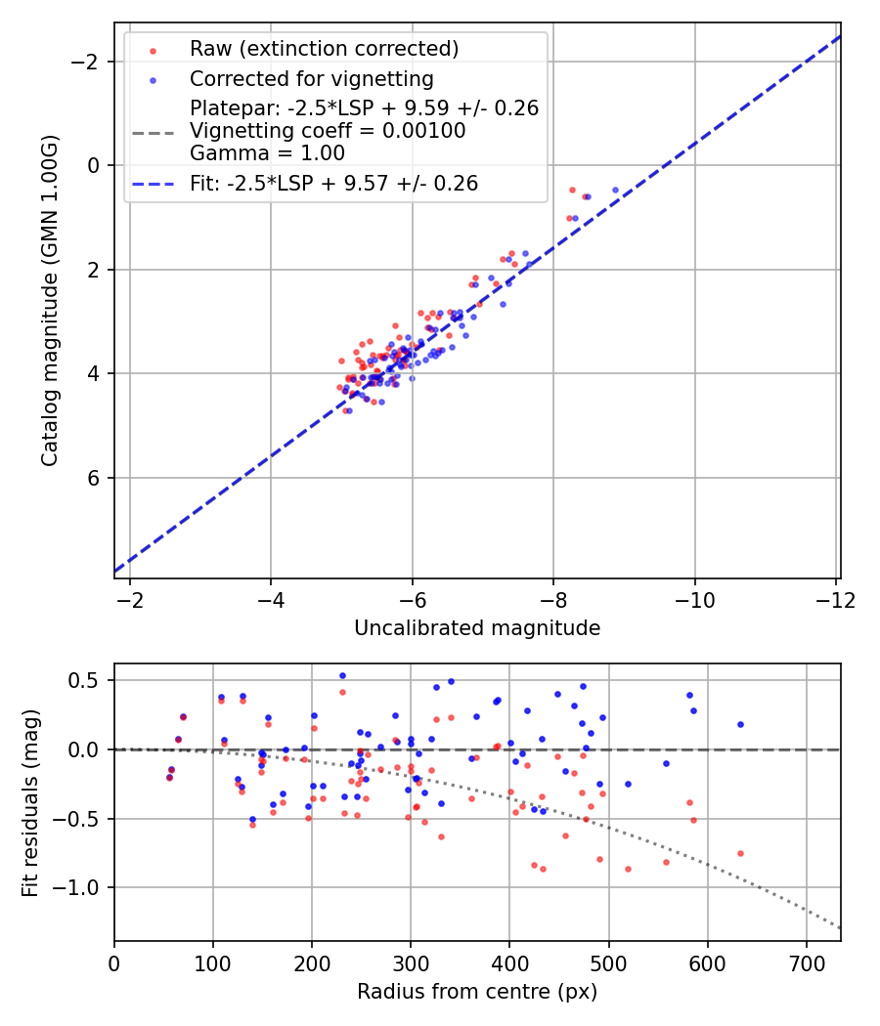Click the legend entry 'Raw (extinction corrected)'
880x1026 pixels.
click(324, 49)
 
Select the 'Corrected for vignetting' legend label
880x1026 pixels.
click(312, 78)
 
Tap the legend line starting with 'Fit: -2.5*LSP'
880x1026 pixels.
click(333, 183)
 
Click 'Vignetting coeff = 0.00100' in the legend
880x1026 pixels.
click(328, 131)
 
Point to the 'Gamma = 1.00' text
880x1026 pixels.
click(267, 153)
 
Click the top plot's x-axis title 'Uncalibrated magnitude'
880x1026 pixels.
click(477, 627)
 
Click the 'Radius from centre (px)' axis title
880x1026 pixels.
click(477, 992)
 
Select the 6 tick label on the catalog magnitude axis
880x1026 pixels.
click(95, 478)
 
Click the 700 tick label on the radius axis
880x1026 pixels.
click(806, 964)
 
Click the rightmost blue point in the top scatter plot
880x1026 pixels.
click(615, 190)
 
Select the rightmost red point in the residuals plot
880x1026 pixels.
click(740, 853)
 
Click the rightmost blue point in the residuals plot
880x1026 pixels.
click(740, 724)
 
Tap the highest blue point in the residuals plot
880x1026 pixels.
click(342, 675)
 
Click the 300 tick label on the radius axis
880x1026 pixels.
click(411, 964)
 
